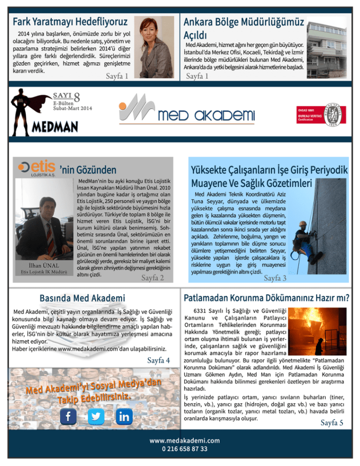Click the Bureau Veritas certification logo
click(x=320, y=113)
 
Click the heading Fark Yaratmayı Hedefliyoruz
click(x=71, y=22)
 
